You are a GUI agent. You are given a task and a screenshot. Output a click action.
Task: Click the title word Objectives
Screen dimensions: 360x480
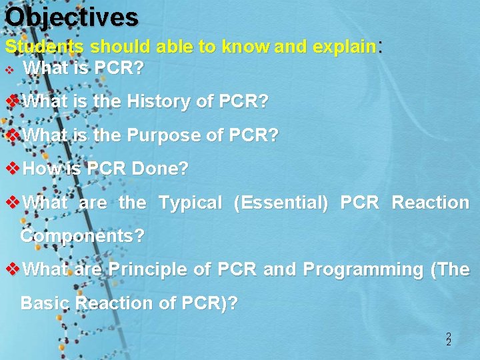pyautogui.click(x=71, y=17)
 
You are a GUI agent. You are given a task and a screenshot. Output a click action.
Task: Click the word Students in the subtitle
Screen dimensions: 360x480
pyautogui.click(x=45, y=47)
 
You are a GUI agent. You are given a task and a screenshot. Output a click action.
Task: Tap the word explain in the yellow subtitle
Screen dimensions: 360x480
pyautogui.click(x=344, y=47)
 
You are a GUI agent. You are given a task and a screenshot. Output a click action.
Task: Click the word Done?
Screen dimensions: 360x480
pyautogui.click(x=160, y=169)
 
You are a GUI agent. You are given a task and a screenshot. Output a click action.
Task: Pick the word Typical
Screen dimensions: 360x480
pyautogui.click(x=190, y=203)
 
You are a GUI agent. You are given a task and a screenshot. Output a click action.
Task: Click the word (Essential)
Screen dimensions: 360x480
pyautogui.click(x=281, y=203)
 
